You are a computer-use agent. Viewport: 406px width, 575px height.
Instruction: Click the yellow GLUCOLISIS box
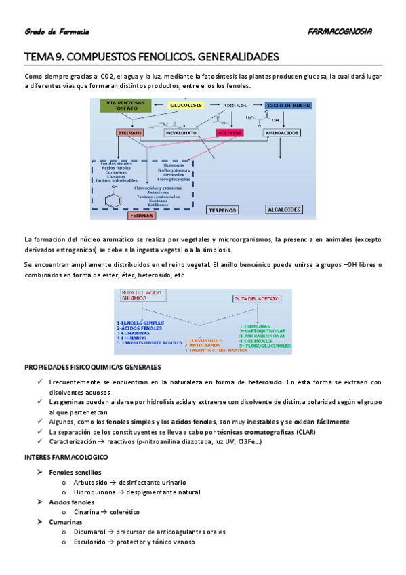click(x=185, y=106)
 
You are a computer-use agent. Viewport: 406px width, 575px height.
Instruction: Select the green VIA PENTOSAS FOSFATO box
click(x=125, y=106)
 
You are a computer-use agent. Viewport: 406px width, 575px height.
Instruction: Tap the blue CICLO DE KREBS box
click(x=288, y=106)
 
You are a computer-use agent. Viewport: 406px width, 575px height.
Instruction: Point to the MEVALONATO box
click(x=180, y=134)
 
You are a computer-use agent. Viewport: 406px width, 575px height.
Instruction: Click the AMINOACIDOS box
click(x=283, y=134)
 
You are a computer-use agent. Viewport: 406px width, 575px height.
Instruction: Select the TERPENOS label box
click(x=223, y=210)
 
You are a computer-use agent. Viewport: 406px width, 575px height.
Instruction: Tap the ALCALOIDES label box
click(x=284, y=210)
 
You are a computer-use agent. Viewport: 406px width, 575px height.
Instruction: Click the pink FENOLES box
click(x=142, y=215)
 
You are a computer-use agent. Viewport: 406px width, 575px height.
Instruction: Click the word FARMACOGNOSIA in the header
click(x=339, y=32)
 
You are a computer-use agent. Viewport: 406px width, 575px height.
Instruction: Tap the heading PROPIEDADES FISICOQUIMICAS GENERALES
click(x=92, y=367)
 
